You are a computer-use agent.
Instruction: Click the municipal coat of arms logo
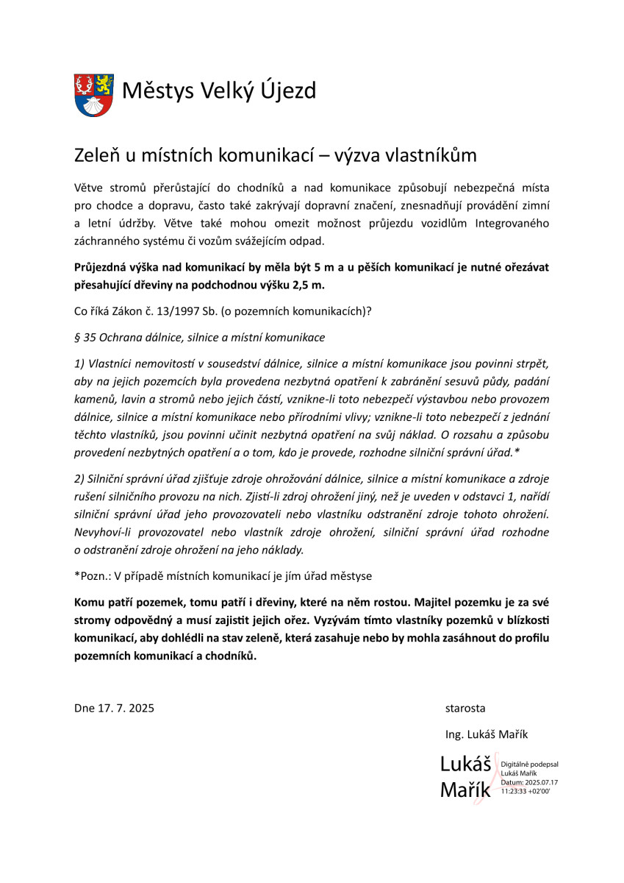pos(93,94)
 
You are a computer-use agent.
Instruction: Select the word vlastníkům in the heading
pos(434,155)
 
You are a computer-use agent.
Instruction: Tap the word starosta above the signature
pos(465,708)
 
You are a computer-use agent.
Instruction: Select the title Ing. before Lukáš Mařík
pos(455,734)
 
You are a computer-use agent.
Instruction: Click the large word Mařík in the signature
pos(466,790)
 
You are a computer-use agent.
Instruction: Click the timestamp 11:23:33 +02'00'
pos(526,790)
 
